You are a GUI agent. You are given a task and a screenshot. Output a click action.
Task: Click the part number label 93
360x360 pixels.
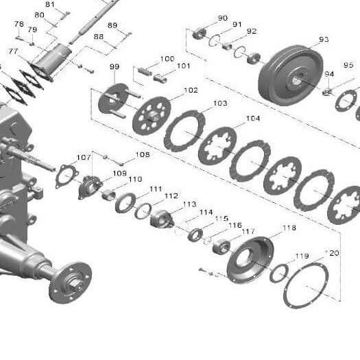point(324,40)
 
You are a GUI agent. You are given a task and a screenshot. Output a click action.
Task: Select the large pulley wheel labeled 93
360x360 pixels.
point(291,75)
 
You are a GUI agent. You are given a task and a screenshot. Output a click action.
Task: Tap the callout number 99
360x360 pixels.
point(115,67)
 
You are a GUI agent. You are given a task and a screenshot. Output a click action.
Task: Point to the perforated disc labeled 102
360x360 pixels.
point(152,115)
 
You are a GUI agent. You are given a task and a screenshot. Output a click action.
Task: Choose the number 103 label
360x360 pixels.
point(220,104)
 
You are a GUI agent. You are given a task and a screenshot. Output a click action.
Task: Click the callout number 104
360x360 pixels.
point(253,119)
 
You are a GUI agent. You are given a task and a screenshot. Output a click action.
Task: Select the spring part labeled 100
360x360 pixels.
point(145,71)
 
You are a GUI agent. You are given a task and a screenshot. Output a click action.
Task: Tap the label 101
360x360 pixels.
point(184,66)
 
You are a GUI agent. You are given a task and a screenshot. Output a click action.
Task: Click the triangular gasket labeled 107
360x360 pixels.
point(67,176)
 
